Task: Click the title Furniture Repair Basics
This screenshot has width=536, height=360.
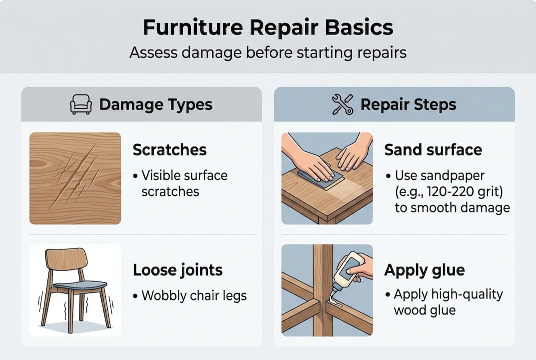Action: [x=268, y=28]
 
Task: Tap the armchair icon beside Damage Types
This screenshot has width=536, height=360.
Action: [x=80, y=104]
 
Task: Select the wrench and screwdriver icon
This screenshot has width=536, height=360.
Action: [x=343, y=104]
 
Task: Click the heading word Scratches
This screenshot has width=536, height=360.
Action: [x=170, y=149]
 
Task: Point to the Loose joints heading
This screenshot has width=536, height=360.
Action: [x=177, y=270]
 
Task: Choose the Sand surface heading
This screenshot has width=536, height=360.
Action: [x=433, y=149]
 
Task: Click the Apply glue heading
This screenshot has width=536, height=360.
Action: [x=424, y=270]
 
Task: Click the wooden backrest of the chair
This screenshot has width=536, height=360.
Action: [x=66, y=258]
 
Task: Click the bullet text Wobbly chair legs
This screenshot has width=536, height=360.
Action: [x=194, y=295]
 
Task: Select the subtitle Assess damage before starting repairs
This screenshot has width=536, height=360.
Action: [x=268, y=52]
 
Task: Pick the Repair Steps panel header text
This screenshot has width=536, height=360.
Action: [x=408, y=104]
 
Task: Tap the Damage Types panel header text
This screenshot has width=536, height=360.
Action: [x=156, y=104]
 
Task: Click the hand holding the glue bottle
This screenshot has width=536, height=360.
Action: [x=361, y=265]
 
